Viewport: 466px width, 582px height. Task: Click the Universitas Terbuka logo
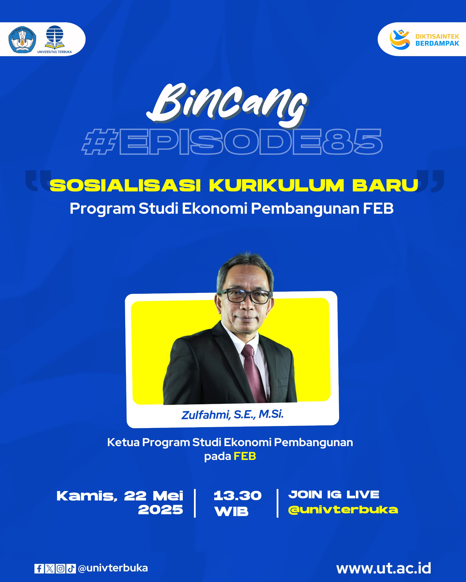[x=55, y=39]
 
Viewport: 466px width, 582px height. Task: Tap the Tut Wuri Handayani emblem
[x=23, y=39]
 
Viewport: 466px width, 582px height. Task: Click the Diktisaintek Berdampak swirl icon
[x=400, y=40]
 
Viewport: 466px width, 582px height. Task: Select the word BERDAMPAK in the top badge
[x=437, y=43]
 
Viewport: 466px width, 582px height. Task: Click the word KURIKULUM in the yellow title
[x=277, y=186]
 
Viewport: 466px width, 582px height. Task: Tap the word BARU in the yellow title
[x=385, y=186]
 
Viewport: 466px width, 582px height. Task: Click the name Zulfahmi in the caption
[x=205, y=415]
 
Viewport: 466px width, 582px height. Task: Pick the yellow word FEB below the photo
[x=245, y=456]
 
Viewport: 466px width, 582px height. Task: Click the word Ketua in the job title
[x=123, y=442]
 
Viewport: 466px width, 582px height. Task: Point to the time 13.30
[x=238, y=496]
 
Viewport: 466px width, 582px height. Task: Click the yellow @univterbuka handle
[x=343, y=510]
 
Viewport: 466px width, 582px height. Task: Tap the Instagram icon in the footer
[x=61, y=569]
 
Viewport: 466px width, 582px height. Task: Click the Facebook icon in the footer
[x=39, y=569]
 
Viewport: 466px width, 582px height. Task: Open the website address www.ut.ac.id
[x=384, y=568]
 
